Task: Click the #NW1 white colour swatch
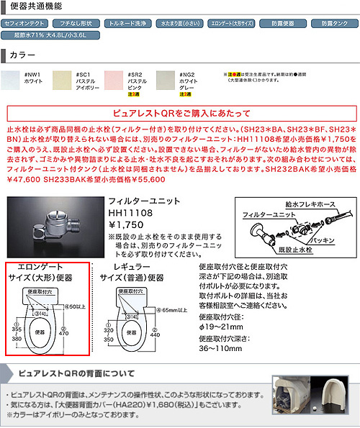pos(12,81)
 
